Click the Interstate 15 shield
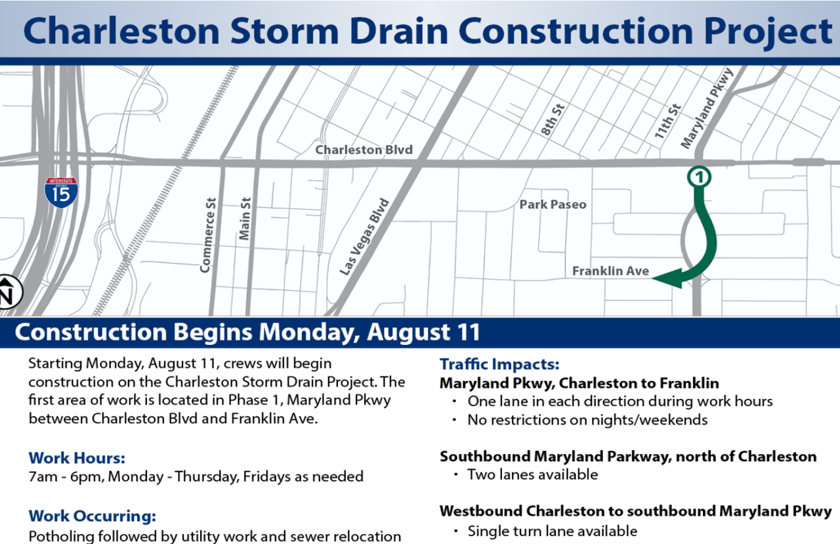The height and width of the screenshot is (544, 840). [61, 192]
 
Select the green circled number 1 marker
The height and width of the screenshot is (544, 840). [700, 177]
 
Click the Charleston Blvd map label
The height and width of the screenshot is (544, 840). [364, 150]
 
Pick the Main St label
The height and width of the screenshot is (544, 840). [245, 219]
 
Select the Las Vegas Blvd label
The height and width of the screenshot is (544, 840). [365, 237]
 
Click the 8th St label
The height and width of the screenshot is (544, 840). [553, 120]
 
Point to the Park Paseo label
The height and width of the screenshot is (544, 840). [553, 204]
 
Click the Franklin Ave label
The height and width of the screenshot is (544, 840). [610, 271]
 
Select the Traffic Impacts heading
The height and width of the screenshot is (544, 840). [499, 364]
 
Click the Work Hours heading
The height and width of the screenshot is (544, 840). [77, 458]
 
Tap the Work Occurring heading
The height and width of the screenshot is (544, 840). [91, 516]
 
